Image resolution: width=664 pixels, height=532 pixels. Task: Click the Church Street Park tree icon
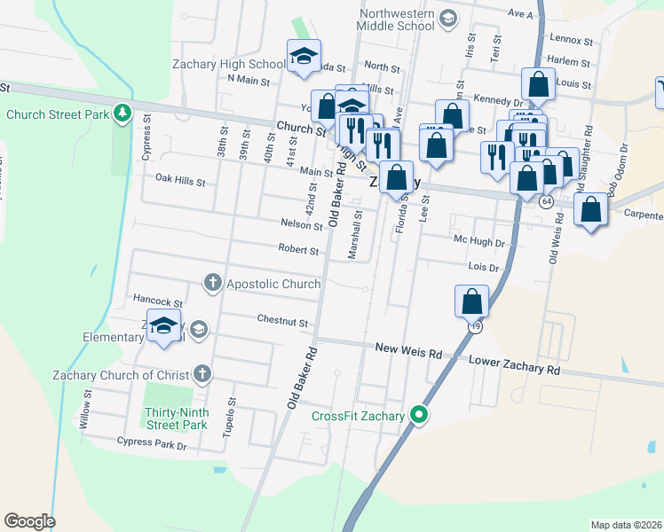point(123,114)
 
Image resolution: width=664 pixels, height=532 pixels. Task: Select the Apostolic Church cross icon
point(212,284)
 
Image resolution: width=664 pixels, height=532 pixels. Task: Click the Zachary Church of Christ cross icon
point(202,374)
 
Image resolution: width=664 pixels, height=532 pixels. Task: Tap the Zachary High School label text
point(229,64)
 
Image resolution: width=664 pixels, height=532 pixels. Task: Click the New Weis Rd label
point(408,352)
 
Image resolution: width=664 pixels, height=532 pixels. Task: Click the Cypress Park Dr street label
point(152,441)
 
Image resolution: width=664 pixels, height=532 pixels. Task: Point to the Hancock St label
point(157,302)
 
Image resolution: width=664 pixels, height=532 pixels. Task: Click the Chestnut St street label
point(282,321)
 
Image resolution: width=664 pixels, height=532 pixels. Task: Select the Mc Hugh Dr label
point(478,240)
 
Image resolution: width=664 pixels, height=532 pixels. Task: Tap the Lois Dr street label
point(484,267)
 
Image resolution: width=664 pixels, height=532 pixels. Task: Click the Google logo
point(29,521)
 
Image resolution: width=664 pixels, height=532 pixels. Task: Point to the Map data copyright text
point(626,525)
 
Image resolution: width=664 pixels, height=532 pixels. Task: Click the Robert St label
point(297,250)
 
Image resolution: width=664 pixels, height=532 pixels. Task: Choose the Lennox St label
point(571,40)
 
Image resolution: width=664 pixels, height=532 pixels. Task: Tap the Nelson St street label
point(301,225)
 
